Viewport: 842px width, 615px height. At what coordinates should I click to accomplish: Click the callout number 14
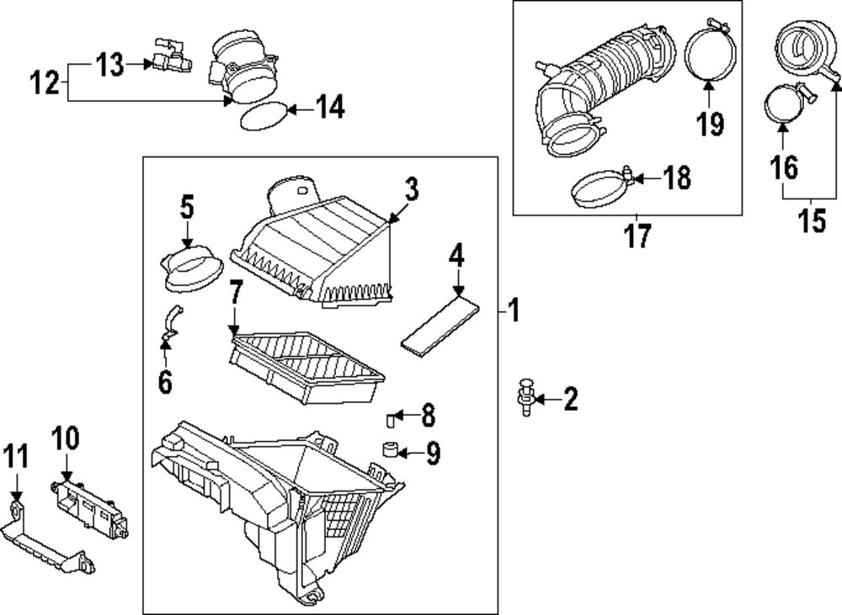pos(329,108)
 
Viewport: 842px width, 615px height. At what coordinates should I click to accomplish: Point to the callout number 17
pos(638,236)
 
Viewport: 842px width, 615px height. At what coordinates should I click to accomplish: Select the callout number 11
pos(16,458)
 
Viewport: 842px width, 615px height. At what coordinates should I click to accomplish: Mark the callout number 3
pos(410,191)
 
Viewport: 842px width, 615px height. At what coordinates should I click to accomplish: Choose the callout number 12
pos(45,82)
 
